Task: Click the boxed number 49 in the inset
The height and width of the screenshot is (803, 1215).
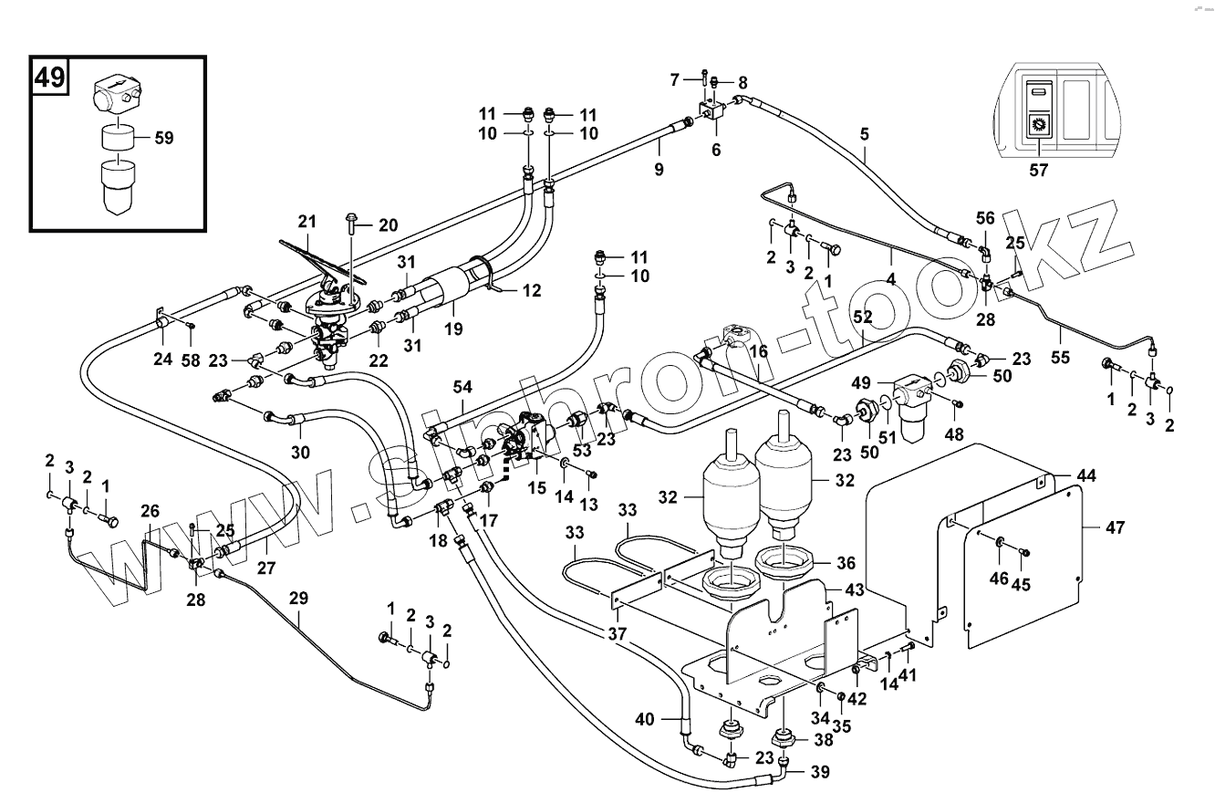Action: [50, 77]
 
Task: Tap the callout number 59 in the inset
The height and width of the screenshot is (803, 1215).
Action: [164, 139]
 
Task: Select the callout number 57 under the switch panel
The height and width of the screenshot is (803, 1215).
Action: [1038, 170]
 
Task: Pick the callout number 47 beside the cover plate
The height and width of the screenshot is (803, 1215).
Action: [1116, 527]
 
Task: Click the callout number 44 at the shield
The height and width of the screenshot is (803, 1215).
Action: [1086, 476]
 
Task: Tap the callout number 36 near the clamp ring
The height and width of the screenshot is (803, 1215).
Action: [846, 563]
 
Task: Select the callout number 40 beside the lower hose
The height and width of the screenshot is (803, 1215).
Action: [645, 720]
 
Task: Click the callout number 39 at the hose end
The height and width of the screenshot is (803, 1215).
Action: [819, 771]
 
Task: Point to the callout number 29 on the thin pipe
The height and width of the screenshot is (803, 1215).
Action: [298, 599]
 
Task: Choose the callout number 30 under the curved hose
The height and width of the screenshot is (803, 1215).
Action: [300, 452]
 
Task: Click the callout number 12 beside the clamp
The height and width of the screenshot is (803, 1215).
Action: [532, 291]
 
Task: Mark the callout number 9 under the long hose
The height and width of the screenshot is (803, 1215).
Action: [659, 169]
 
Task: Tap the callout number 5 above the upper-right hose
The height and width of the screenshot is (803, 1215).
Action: [864, 134]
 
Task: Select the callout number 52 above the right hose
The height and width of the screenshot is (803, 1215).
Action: [863, 316]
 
